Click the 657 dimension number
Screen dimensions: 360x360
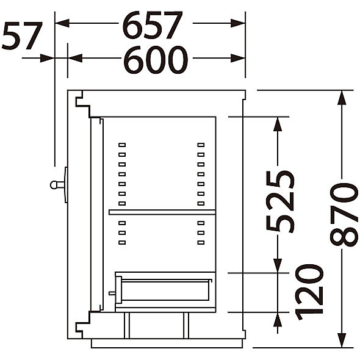pyautogui.click(x=153, y=25)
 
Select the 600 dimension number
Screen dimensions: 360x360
pyautogui.click(x=156, y=60)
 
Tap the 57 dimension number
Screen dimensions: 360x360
pyautogui.click(x=22, y=36)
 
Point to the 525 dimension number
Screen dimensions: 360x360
pyautogui.click(x=280, y=201)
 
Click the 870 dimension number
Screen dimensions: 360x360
pyautogui.click(x=344, y=215)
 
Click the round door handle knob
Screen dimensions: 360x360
pyautogui.click(x=54, y=185)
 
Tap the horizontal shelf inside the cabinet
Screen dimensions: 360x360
pyautogui.click(x=162, y=212)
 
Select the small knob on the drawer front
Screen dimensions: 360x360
pyautogui.click(x=112, y=293)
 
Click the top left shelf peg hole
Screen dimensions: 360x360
pyautogui.click(x=122, y=145)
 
